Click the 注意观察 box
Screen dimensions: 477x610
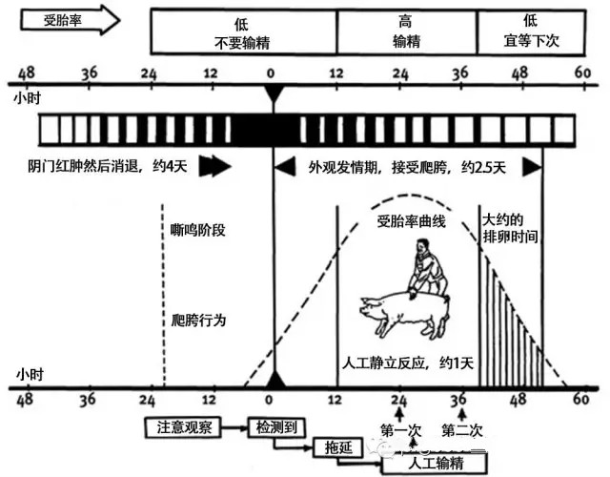(184, 425)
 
